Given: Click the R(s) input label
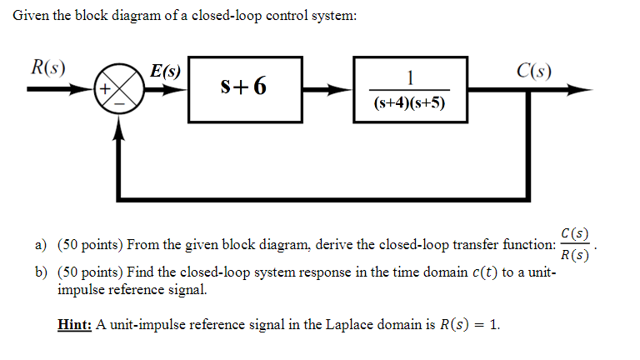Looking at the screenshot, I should (48, 67).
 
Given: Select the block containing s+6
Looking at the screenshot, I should (242, 87).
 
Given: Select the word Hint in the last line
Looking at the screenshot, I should (75, 325).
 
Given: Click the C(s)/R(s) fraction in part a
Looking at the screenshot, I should (574, 244).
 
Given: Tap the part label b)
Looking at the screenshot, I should (39, 272).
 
